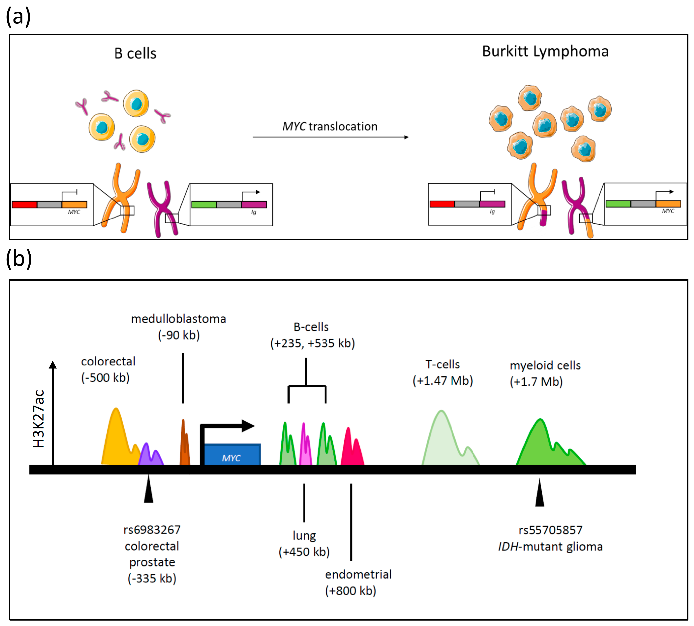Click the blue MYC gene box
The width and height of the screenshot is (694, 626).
click(x=232, y=455)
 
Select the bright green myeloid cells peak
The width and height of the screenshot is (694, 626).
click(x=543, y=447)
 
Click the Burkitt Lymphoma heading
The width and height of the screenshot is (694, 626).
click(x=545, y=52)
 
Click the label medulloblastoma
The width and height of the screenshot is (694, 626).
click(x=179, y=319)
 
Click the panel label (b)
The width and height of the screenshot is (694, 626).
click(x=19, y=259)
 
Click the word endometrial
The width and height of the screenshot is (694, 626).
click(x=358, y=574)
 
